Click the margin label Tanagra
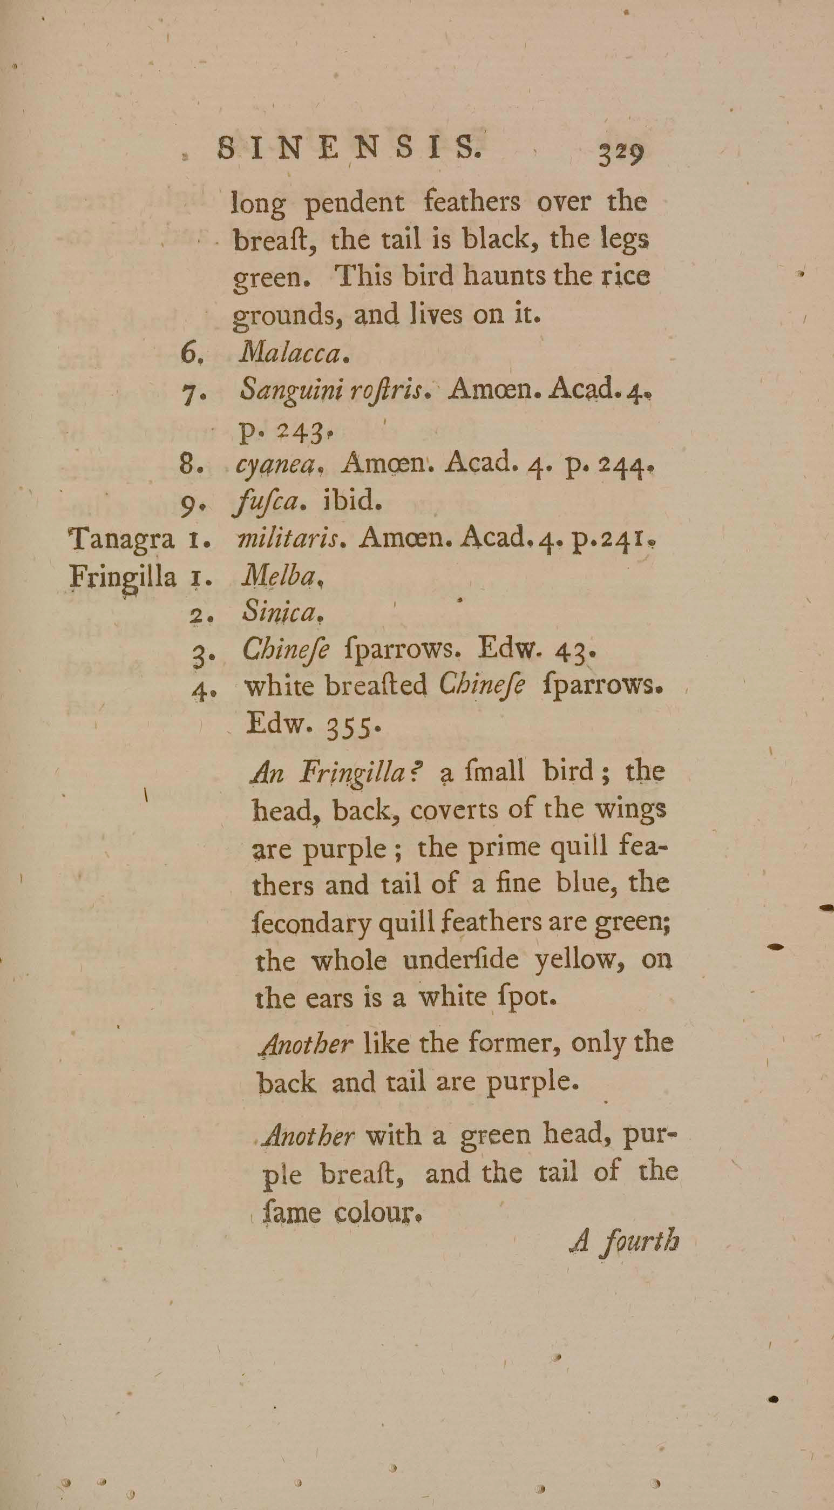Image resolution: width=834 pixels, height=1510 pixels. tap(122, 539)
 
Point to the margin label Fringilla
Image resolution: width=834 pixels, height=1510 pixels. tap(123, 579)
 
